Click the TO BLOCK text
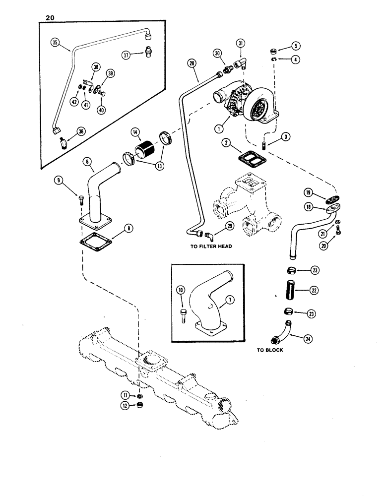270,349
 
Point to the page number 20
49,17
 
